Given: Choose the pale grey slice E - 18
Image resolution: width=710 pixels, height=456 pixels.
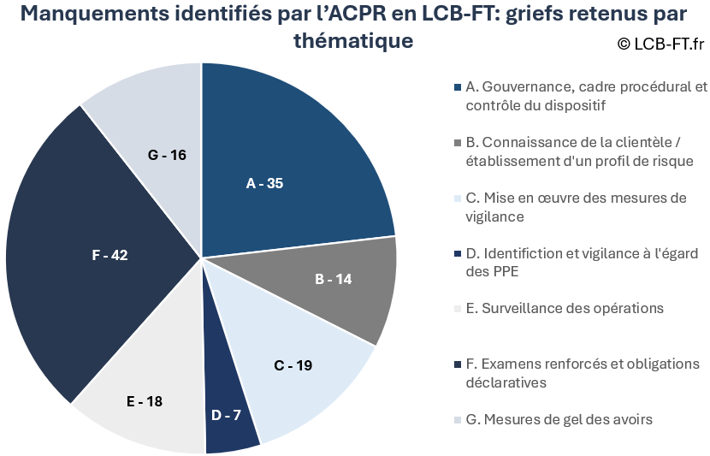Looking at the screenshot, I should (145, 394).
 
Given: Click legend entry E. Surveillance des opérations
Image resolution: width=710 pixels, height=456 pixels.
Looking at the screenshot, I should (565, 308).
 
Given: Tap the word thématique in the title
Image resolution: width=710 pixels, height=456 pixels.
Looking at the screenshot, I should (353, 41).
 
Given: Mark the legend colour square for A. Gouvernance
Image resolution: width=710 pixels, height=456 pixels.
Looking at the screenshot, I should (459, 87).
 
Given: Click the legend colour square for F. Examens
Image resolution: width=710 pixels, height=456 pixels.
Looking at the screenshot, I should (459, 364).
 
